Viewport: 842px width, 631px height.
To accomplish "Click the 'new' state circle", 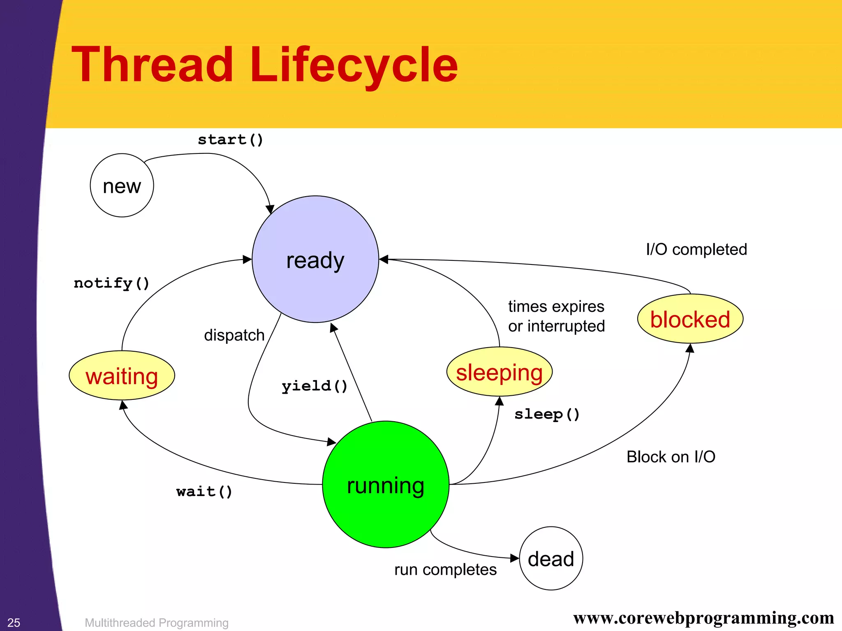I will point(122,186).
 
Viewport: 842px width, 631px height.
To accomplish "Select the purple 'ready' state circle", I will point(315,259).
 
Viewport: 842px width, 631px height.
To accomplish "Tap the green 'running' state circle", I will point(386,484).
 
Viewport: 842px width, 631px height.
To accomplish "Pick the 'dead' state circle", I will point(551,558).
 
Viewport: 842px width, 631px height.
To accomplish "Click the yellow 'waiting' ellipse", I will point(122,376).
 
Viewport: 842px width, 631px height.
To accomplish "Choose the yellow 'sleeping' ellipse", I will point(499,372).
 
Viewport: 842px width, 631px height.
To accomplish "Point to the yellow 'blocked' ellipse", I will point(690,319).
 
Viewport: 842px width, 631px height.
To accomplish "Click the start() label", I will point(230,139).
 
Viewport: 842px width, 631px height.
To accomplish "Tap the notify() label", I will point(111,283).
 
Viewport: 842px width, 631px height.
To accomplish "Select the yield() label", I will point(315,386).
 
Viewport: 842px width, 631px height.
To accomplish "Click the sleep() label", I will point(547,414).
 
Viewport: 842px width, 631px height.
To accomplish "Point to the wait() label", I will point(204,491).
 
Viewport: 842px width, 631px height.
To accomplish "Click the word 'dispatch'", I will point(234,335).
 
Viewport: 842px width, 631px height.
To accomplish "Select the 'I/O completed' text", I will point(696,249).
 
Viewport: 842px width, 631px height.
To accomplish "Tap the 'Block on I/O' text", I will point(671,457).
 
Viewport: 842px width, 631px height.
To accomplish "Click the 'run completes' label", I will point(445,570).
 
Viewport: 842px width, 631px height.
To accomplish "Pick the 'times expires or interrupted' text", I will point(556,316).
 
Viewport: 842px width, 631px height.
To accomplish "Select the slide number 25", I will point(14,622).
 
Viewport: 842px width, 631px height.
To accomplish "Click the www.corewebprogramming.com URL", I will point(703,618).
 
